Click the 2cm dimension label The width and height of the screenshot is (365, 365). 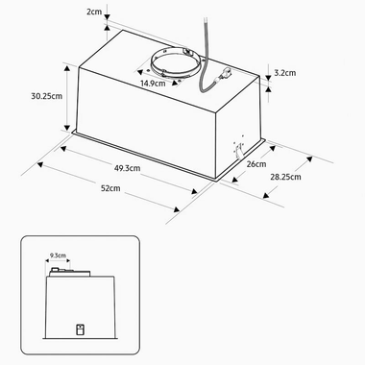[x=94, y=12]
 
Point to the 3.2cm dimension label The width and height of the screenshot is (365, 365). [x=287, y=72]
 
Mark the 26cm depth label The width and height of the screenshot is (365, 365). [x=255, y=164]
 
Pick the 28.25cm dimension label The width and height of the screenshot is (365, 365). [x=284, y=178]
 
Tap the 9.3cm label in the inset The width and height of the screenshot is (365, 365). [x=58, y=255]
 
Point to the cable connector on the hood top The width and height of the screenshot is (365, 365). [x=226, y=75]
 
